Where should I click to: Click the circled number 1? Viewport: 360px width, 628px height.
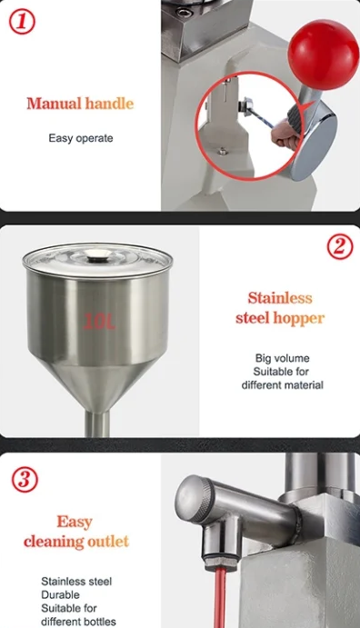tap(22, 22)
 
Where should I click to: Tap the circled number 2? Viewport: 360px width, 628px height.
tap(340, 246)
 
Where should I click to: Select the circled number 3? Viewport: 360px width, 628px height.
tap(25, 479)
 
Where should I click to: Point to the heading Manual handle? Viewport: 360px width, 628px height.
tap(80, 104)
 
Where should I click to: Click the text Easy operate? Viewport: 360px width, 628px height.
tap(81, 138)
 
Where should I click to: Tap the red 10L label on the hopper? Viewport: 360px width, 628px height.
tap(99, 321)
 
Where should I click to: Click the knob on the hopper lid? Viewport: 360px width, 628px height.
tap(98, 254)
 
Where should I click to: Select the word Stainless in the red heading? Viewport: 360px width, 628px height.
tap(279, 298)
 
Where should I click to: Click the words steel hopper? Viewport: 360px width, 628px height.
tap(279, 318)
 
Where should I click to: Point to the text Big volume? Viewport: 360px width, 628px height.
tap(283, 358)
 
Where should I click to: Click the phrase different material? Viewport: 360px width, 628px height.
tap(283, 385)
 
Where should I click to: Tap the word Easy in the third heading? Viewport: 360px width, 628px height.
tap(75, 522)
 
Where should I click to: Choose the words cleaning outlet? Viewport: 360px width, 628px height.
tap(76, 542)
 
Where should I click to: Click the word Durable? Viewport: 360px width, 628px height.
tap(60, 594)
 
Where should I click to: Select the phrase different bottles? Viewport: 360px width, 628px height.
tap(78, 622)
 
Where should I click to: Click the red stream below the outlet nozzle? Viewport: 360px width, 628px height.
tap(220, 599)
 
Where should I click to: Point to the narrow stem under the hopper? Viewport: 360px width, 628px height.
tap(97, 424)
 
